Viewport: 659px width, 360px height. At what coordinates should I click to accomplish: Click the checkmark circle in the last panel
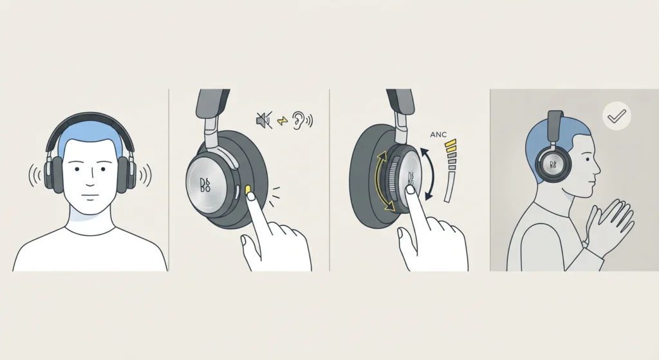617,116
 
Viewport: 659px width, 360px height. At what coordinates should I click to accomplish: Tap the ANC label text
438,135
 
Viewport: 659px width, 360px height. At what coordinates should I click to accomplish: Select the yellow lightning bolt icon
283,121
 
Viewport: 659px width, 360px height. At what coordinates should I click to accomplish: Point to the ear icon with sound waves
302,120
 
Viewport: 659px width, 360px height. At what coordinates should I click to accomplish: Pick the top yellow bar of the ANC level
450,142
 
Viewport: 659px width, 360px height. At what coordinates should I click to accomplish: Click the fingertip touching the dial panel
411,190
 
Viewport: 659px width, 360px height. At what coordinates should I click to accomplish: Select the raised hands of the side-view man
610,227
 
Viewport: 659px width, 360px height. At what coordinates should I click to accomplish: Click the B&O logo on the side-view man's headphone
553,164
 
